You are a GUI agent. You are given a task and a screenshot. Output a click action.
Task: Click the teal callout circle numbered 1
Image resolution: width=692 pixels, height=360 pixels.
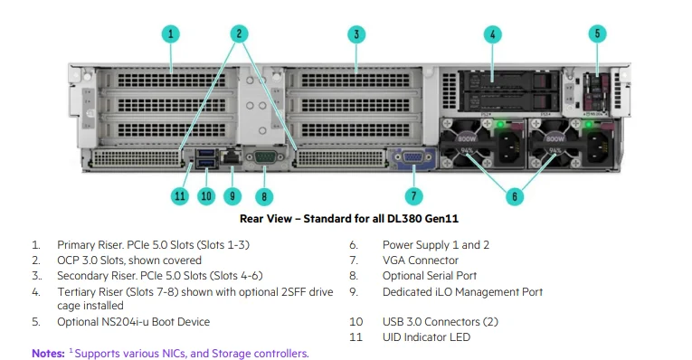coord(171,33)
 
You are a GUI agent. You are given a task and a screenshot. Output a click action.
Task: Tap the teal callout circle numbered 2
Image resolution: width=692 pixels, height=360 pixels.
coord(239,33)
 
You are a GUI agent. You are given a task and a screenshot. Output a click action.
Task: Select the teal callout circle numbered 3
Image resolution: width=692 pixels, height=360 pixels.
coord(356,33)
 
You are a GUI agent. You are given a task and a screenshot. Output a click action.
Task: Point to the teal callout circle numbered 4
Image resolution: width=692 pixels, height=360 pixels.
coord(492,33)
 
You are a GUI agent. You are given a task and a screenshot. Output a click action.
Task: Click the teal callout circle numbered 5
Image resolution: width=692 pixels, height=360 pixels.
coord(596,33)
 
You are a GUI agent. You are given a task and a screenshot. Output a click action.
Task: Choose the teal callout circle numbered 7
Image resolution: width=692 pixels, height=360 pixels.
coord(413,195)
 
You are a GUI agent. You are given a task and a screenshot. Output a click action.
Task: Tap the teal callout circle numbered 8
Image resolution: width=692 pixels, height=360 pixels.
coord(264,195)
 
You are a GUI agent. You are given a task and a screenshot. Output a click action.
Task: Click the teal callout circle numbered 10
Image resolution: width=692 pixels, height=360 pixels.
coord(205,195)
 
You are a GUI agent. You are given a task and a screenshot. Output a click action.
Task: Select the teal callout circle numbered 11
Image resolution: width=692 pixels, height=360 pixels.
coord(179,195)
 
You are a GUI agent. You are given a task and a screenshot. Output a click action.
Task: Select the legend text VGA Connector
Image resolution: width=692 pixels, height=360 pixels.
coord(421,261)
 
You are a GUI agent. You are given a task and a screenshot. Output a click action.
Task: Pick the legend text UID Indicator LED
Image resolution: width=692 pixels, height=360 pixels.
coord(426,336)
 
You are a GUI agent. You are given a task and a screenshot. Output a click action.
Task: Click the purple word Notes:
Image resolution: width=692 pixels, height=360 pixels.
coord(48,353)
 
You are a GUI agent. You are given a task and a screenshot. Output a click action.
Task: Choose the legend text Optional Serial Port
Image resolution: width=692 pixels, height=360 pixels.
coord(430,276)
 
